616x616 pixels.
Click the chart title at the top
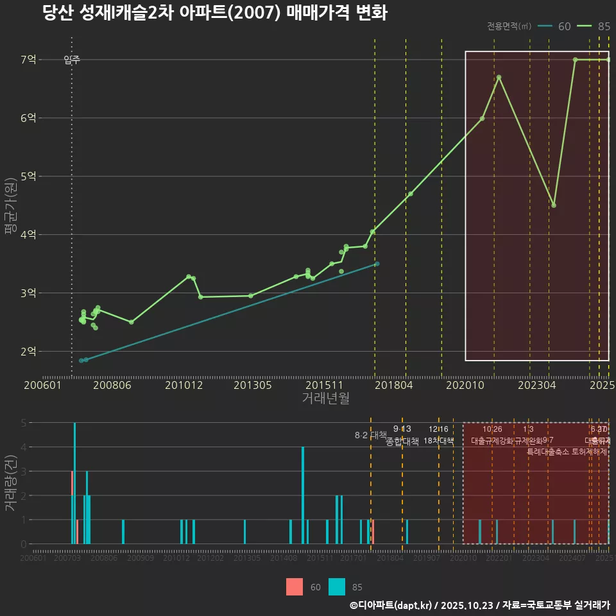[x=215, y=13]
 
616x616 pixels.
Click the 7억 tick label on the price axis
[x=29, y=60]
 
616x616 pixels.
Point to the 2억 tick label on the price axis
[x=29, y=351]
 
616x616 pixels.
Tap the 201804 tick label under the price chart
[x=393, y=386]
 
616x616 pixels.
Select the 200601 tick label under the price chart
[x=42, y=386]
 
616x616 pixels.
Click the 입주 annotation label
[x=72, y=60]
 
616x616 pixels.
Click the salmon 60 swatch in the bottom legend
[x=295, y=586]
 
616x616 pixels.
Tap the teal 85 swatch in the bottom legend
[x=336, y=586]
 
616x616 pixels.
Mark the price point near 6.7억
[x=499, y=78]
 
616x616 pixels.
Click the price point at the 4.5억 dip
[x=554, y=205]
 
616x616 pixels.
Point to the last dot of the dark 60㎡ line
[x=377, y=264]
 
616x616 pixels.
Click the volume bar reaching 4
[x=303, y=495]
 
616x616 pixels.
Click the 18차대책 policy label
[x=439, y=441]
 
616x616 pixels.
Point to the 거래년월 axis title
[x=325, y=398]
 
